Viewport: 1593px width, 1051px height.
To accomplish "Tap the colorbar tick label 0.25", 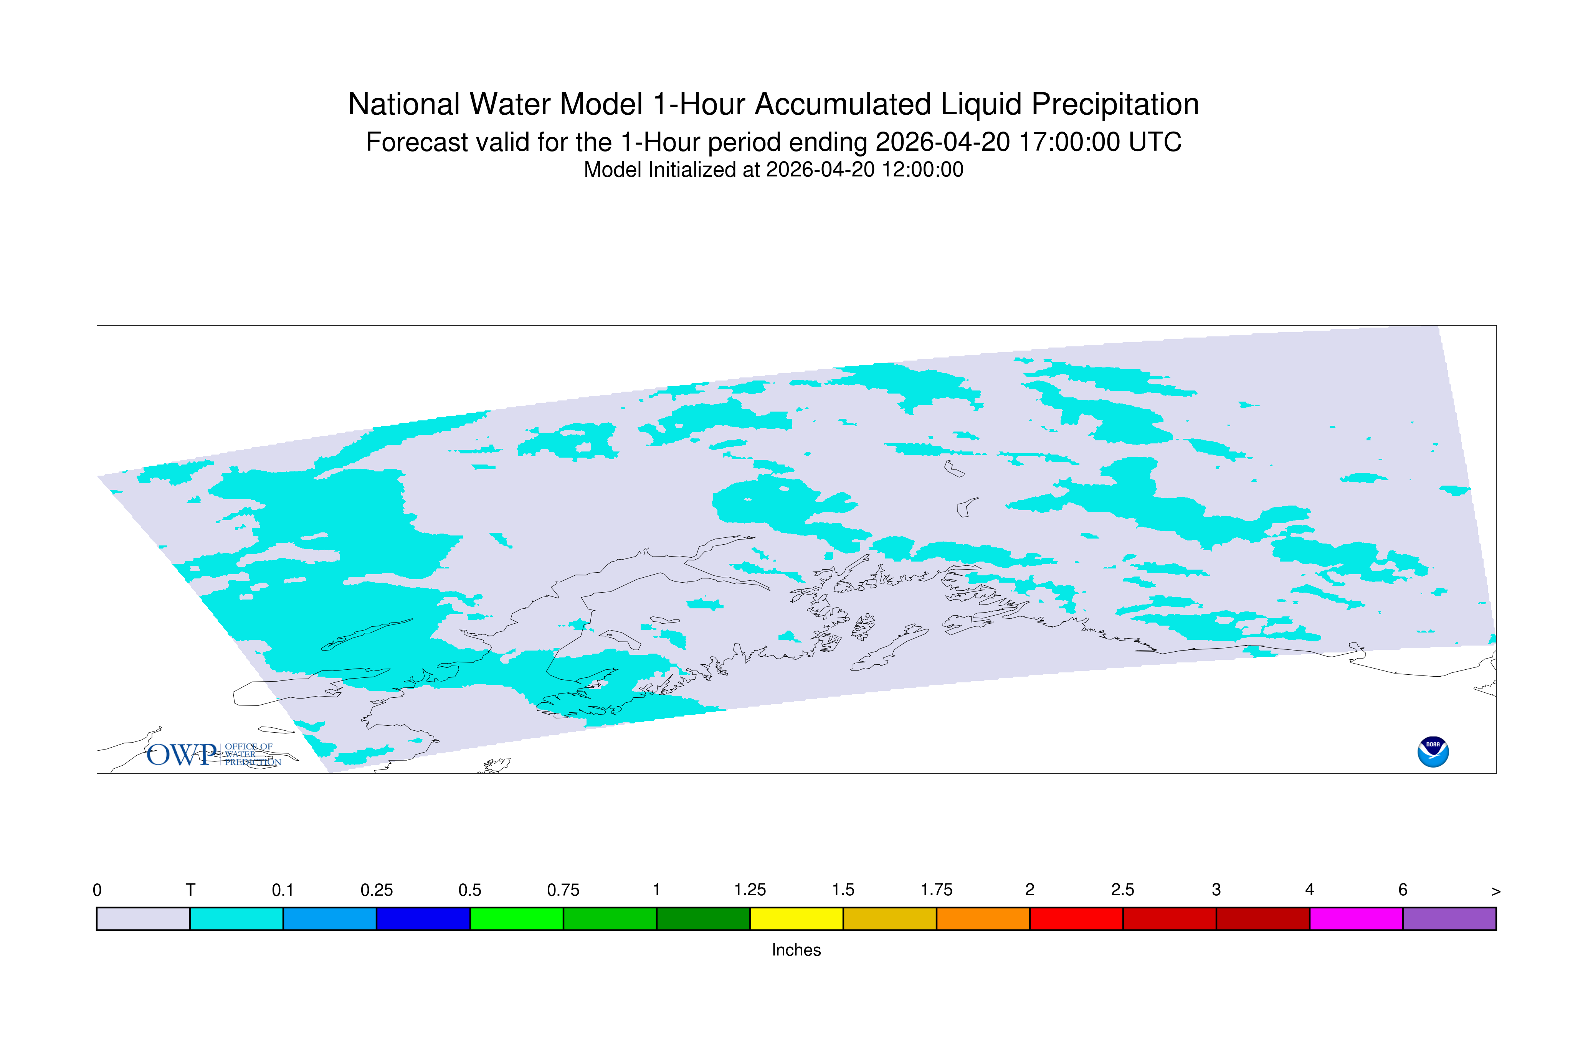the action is pyautogui.click(x=376, y=890).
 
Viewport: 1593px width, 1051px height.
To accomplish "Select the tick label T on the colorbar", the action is pyautogui.click(x=190, y=890).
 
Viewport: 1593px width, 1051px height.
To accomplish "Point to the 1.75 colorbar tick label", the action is pyautogui.click(x=936, y=890).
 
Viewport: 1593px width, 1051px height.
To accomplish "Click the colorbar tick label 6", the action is pyautogui.click(x=1403, y=890).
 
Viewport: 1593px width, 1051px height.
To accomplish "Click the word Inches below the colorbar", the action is pyautogui.click(x=796, y=950).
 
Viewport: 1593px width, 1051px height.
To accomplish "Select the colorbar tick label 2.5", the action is pyautogui.click(x=1123, y=890).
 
